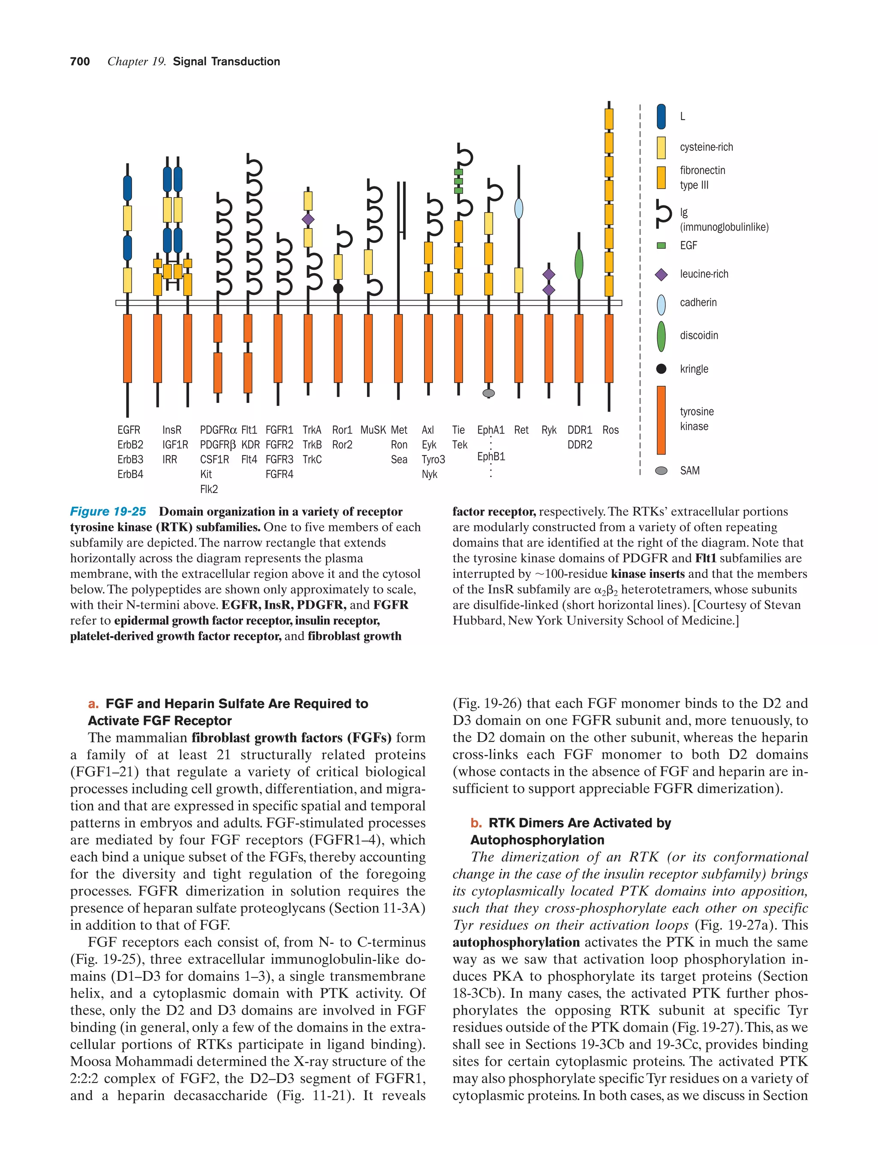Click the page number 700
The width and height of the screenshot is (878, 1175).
pos(80,62)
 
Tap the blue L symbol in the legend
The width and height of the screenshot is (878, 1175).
pos(661,116)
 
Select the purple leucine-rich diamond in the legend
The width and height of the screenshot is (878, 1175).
pos(661,274)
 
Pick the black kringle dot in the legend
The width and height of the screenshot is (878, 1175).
pos(661,369)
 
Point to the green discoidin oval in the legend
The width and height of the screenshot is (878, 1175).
pos(661,336)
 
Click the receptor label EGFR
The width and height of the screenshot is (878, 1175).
pos(129,430)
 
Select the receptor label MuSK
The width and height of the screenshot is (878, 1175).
pos(373,430)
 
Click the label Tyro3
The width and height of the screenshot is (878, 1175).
pos(433,460)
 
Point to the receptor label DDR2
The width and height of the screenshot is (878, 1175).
pos(580,445)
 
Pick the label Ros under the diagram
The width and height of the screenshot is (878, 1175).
pos(610,430)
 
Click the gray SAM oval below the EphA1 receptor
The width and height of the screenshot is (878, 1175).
pos(488,393)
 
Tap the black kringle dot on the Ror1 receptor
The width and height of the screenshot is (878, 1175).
pos(338,288)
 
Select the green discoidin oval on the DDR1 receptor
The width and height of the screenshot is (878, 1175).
pos(579,264)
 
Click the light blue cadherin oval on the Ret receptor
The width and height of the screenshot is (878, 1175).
pos(518,208)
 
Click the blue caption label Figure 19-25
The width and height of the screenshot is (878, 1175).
pos(108,511)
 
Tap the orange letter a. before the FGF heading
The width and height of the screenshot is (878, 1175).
pos(93,704)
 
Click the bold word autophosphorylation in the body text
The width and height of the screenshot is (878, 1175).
pos(516,942)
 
